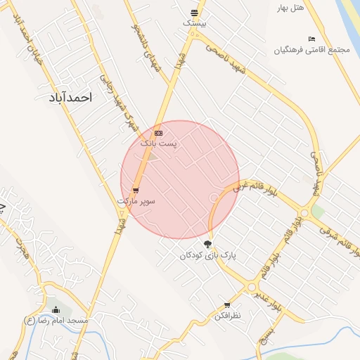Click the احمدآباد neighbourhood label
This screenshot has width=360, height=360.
[71, 97]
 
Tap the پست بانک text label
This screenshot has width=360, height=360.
[159, 143]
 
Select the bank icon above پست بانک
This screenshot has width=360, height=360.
[159, 132]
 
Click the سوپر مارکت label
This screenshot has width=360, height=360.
[136, 200]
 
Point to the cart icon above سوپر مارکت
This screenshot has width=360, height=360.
[136, 190]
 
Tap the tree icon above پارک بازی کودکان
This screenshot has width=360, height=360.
[207, 244]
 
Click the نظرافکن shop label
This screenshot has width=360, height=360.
[227, 316]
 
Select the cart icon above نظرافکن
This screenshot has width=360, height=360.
[227, 305]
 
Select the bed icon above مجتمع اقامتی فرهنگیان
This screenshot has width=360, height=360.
[311, 38]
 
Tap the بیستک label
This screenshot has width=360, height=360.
[194, 23]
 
